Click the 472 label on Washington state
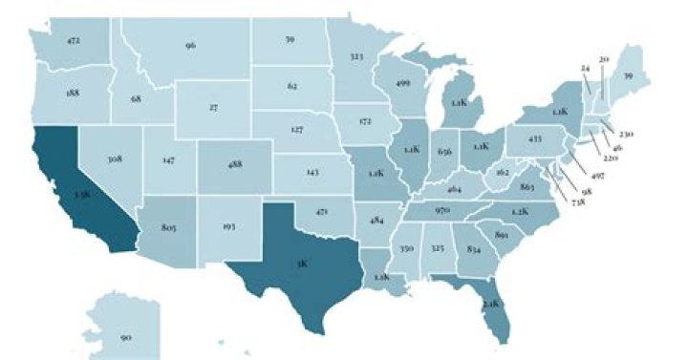click(x=74, y=41)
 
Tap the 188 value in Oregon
click(x=73, y=93)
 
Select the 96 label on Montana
click(x=190, y=45)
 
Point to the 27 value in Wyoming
click(x=213, y=108)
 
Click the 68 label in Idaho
click(x=136, y=98)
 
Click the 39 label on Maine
click(x=627, y=75)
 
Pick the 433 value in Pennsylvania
click(x=535, y=138)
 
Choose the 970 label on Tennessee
click(x=441, y=209)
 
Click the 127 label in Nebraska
click(x=296, y=128)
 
